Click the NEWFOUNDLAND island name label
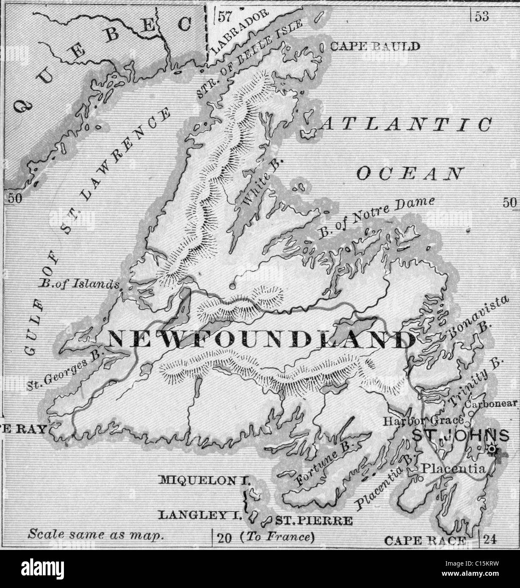pyautogui.click(x=261, y=339)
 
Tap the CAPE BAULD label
pyautogui.click(x=375, y=47)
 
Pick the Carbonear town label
pyautogui.click(x=491, y=404)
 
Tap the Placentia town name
pyautogui.click(x=453, y=469)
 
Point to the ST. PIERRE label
pyautogui.click(x=314, y=520)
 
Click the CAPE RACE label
pyautogui.click(x=425, y=540)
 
